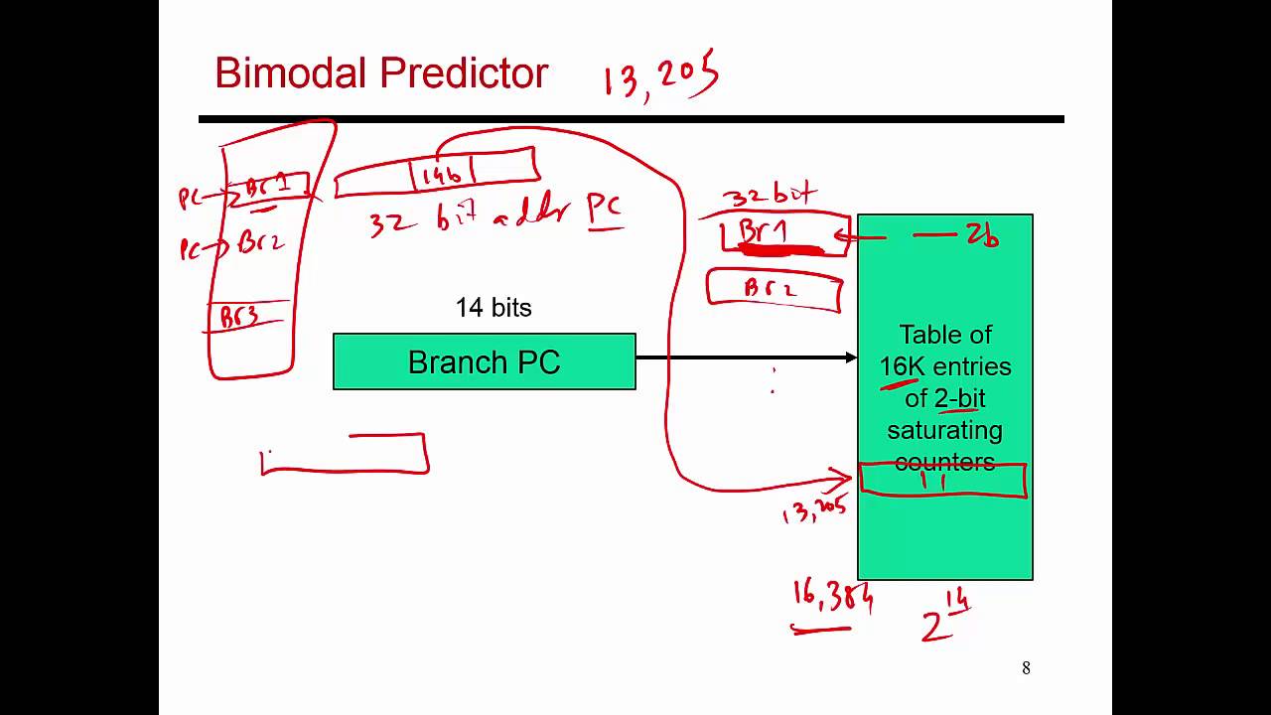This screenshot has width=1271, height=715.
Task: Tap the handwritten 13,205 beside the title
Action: pos(660,75)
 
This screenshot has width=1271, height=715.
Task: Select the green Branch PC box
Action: pos(484,361)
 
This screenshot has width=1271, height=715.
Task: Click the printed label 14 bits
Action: pos(494,308)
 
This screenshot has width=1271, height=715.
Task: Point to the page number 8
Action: pos(1026,668)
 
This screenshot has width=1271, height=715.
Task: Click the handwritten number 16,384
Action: pos(832,598)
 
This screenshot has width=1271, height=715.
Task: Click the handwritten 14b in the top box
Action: pos(442,175)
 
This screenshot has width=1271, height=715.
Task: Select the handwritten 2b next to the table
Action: pos(982,235)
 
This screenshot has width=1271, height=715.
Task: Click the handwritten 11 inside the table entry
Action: pos(933,481)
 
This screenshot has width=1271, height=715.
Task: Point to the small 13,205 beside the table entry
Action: pos(814,510)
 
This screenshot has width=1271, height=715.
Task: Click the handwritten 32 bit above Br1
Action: pos(769,195)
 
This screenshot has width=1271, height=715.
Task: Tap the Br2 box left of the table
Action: pos(774,289)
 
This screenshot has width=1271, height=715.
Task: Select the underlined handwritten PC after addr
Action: pos(604,209)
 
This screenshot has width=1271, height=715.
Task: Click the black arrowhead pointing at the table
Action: pos(851,357)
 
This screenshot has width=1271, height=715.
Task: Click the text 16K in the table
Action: pos(902,366)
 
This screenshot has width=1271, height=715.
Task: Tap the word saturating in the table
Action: pos(944,431)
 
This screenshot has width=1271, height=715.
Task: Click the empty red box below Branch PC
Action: pos(346,455)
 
